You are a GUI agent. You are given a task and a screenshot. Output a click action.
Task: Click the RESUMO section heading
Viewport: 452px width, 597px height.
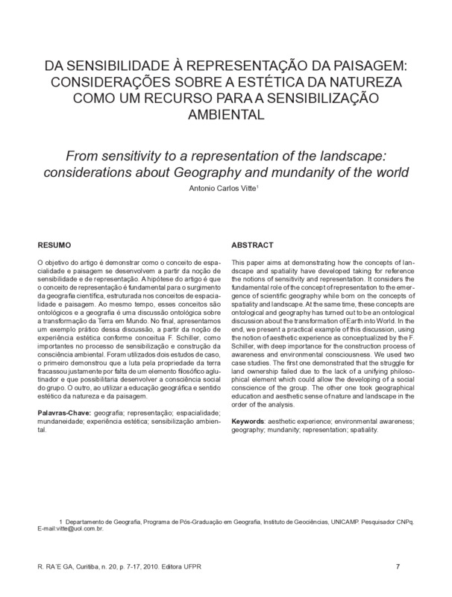tap(56, 244)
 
